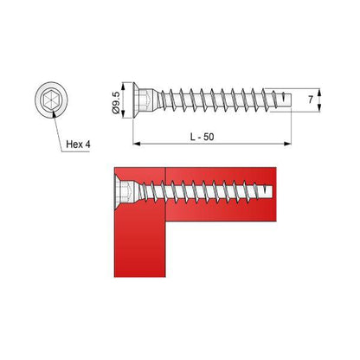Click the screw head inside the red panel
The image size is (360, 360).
[123, 190]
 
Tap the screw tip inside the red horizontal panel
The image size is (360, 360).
[268, 190]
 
